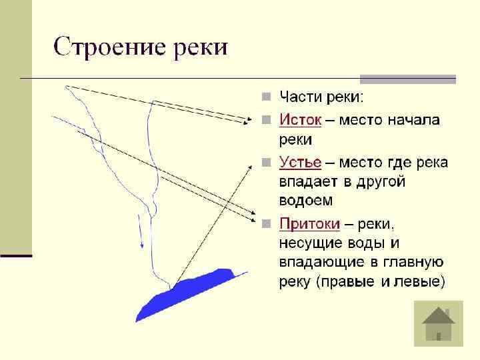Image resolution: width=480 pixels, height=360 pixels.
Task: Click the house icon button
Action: coord(438,323)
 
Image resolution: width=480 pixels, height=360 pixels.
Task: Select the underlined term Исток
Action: coord(300,121)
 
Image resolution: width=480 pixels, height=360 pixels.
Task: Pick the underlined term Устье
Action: coord(300,162)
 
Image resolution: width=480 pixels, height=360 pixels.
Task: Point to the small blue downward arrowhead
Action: coord(141,245)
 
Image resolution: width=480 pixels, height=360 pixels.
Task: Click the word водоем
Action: coord(306,200)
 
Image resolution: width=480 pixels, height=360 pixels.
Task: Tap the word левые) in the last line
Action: coord(421,282)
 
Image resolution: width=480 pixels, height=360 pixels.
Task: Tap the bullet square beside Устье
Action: coord(265,163)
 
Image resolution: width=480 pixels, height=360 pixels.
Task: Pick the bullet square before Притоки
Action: coord(265,223)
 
